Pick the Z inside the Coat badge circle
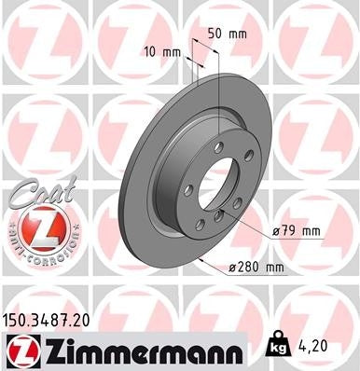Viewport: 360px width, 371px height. click(x=39, y=227)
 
